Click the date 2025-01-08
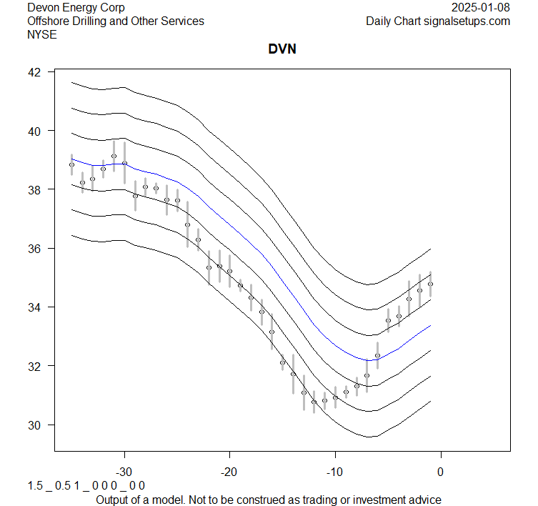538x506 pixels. [x=482, y=8]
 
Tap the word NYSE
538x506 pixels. [x=41, y=34]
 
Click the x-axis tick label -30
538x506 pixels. [x=124, y=472]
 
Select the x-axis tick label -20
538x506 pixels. [x=229, y=472]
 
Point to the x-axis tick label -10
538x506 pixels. [x=335, y=472]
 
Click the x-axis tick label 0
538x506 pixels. [x=440, y=472]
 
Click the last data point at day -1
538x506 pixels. [x=430, y=284]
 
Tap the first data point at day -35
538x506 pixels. [x=71, y=164]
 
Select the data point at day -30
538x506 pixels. [x=124, y=163]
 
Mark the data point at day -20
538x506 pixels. [x=229, y=272]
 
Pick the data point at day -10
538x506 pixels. [x=335, y=397]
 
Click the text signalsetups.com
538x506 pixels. [x=467, y=21]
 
